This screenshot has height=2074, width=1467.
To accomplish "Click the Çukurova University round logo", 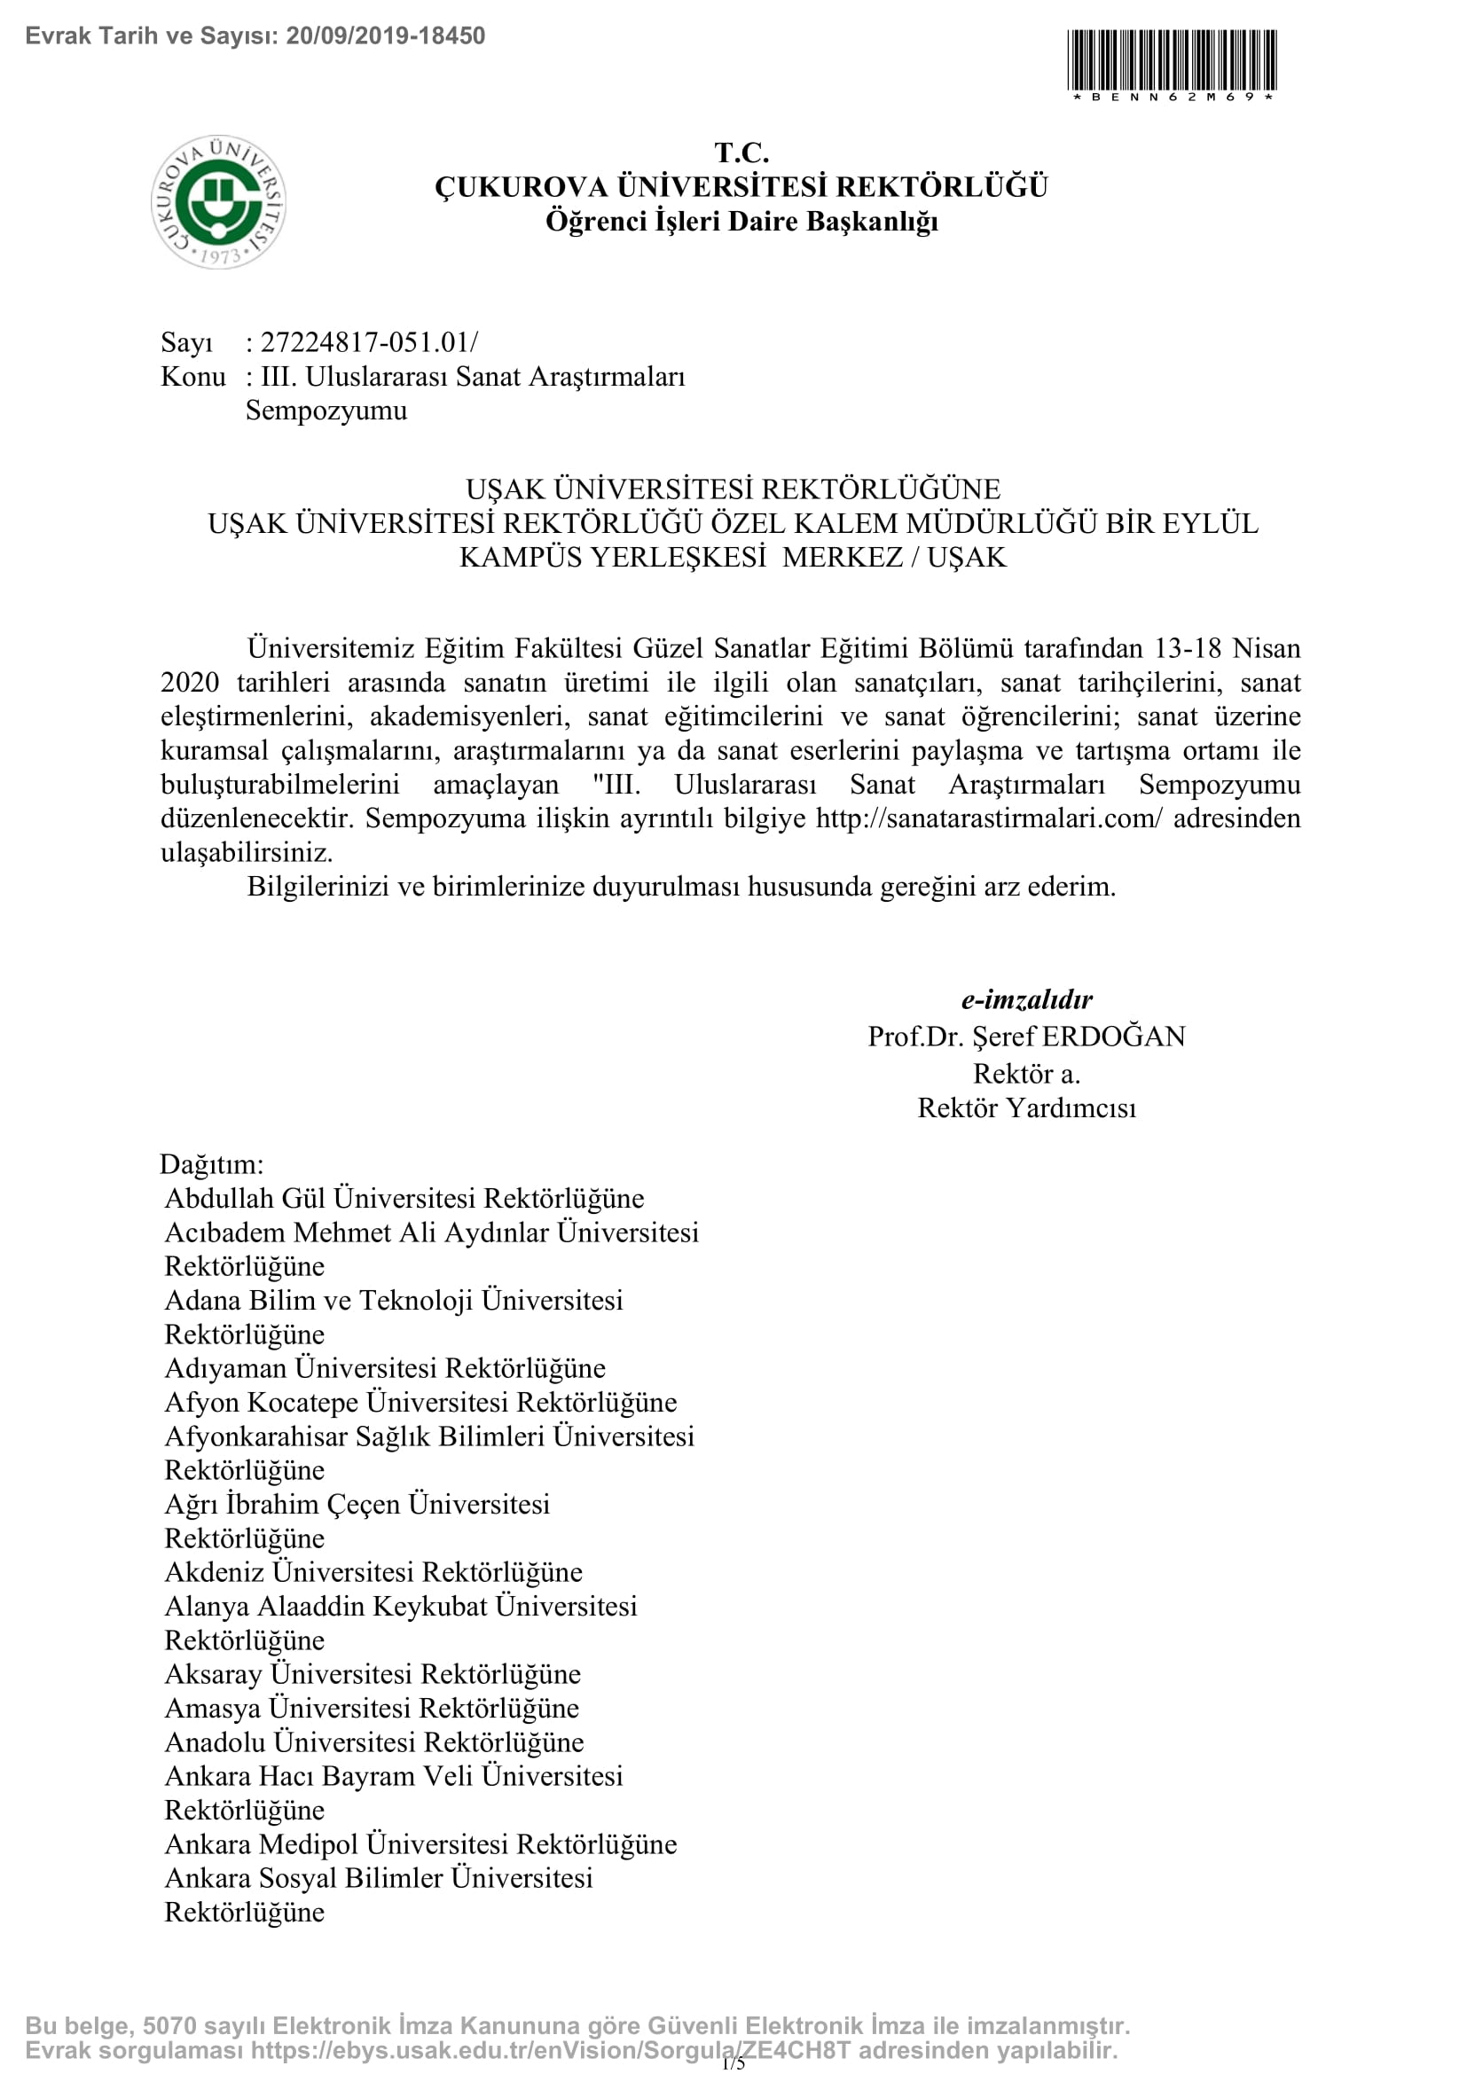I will tap(218, 201).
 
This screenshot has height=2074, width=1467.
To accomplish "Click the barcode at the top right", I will tap(1172, 59).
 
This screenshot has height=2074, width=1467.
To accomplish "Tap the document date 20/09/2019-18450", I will tap(386, 36).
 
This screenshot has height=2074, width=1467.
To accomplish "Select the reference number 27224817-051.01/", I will tap(369, 342).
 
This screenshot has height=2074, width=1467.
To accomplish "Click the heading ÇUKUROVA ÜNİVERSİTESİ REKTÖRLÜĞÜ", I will tap(741, 187).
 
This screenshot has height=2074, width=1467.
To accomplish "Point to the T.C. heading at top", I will tap(741, 153).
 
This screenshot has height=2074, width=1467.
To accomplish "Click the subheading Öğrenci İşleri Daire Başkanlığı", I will tap(741, 222).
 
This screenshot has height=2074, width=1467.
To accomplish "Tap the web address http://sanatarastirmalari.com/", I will tap(989, 818).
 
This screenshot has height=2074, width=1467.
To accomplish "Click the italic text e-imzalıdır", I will tap(1026, 999).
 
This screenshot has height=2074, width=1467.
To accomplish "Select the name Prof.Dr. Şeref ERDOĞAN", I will tap(1026, 1036).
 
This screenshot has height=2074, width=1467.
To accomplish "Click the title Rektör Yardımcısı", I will tap(1026, 1107).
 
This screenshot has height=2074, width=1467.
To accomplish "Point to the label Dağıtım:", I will tap(212, 1163).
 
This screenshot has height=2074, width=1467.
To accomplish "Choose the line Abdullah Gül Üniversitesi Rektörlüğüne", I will tap(404, 1199).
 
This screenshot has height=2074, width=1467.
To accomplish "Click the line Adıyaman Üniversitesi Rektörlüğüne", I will tap(385, 1368).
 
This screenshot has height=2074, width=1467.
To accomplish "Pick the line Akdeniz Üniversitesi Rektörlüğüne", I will tap(373, 1573).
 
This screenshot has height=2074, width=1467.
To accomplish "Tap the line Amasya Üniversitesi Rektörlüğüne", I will tap(372, 1708).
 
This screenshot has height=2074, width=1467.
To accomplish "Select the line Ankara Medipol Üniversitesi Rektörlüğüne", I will tap(420, 1844).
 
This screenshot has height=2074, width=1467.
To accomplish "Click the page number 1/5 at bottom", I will tap(733, 2062).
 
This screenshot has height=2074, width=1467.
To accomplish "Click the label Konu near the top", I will tap(192, 377).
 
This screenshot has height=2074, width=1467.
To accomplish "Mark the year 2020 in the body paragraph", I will tap(190, 683).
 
